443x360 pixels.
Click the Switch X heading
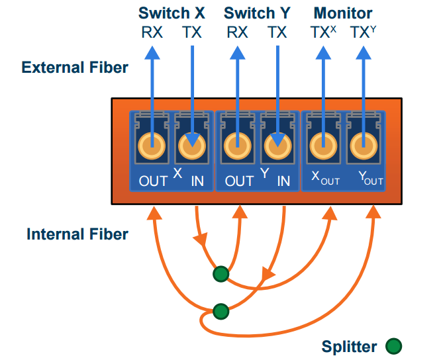coord(172,13)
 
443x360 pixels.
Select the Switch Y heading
coord(257,13)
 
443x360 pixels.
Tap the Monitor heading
coord(343,13)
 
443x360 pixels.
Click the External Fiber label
coord(75,67)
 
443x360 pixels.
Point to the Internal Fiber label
coord(77,234)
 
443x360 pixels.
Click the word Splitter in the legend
coord(349,347)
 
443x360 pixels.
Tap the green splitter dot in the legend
coord(394,346)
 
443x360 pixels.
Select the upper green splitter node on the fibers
coord(221,274)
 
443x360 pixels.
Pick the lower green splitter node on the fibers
coord(221,312)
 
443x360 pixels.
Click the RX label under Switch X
coord(152,32)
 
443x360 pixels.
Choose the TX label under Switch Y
coord(277,32)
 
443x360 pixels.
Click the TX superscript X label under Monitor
coord(323,32)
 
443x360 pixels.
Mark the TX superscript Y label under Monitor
coord(364,32)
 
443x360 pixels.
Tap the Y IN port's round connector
coord(277,146)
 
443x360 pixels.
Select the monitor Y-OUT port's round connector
coord(364,146)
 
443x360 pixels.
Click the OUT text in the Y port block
coord(239,181)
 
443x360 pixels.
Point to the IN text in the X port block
coord(197,181)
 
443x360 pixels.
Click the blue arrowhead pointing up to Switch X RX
coord(152,53)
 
